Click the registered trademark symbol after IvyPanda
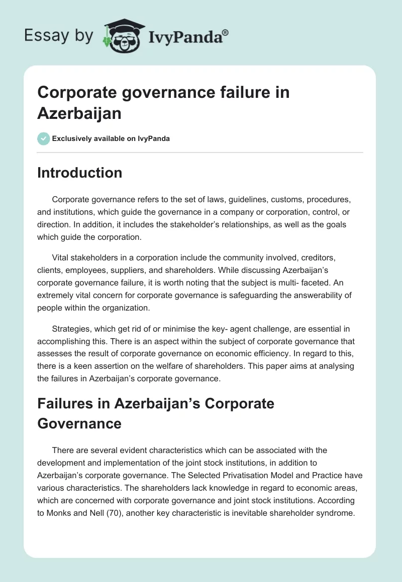[x=226, y=32]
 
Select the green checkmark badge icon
[x=44, y=138]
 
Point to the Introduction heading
[x=79, y=173]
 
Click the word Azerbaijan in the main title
[x=79, y=113]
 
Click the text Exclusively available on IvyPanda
[x=111, y=138]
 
